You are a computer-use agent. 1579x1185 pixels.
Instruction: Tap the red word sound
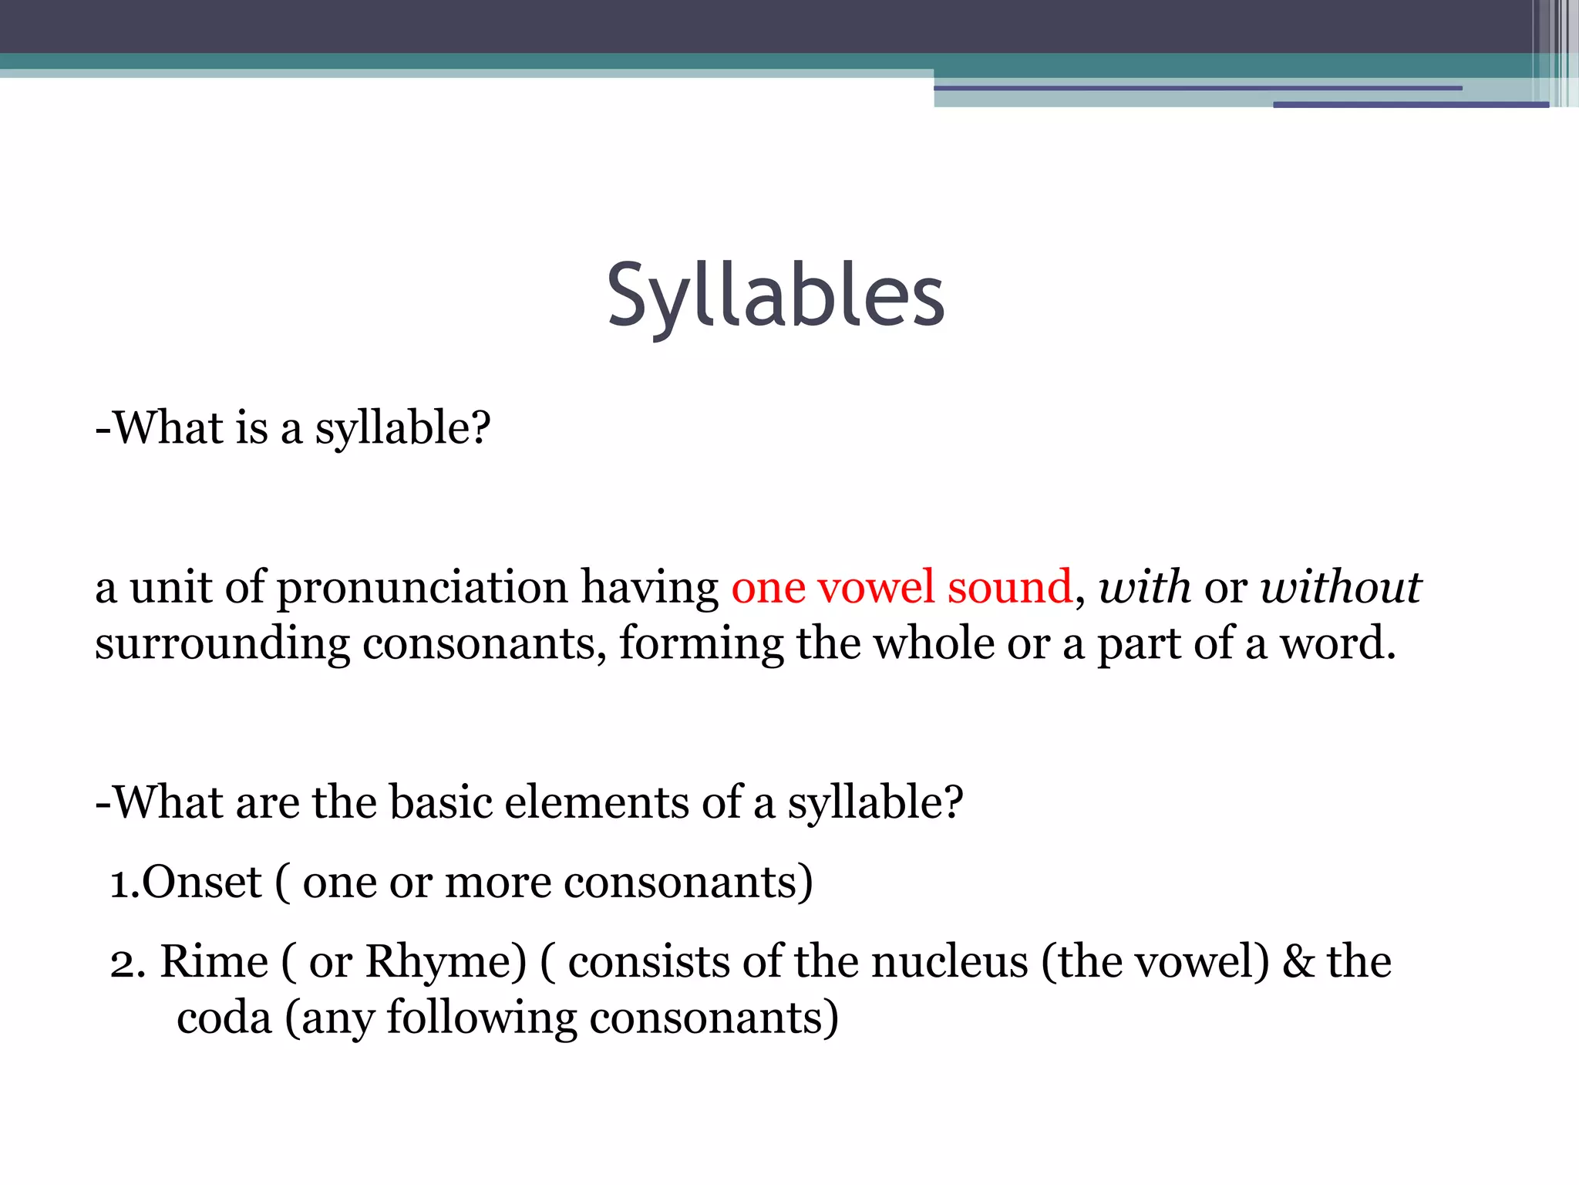click(x=1009, y=587)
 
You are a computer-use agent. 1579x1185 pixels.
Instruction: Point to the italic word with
click(x=1144, y=587)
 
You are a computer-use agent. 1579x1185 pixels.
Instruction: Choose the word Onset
click(x=202, y=882)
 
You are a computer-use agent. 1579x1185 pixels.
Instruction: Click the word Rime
click(x=214, y=962)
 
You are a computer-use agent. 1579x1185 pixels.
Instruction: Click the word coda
click(x=224, y=1018)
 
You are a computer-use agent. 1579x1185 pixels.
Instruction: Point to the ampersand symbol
click(x=1298, y=962)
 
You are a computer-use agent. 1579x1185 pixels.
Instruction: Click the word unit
click(x=170, y=587)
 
